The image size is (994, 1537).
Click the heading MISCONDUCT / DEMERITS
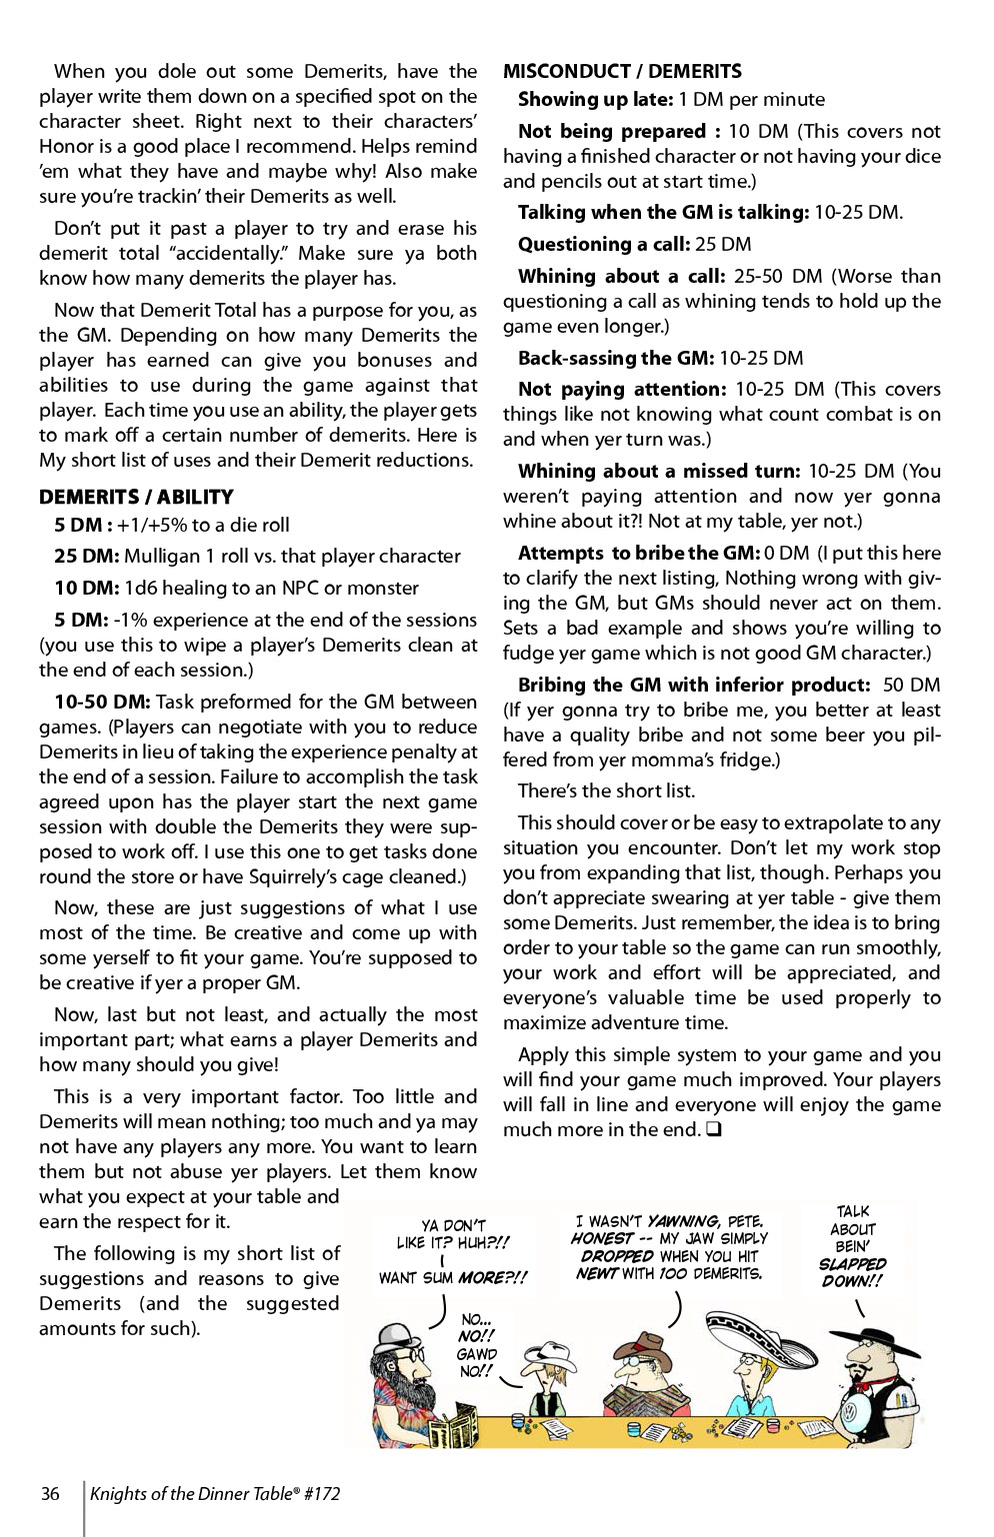[622, 71]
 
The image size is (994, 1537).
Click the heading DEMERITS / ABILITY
[136, 497]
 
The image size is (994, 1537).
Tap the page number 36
[50, 1494]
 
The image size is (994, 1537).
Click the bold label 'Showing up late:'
[595, 99]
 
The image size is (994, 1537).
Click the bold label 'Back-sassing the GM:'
[615, 358]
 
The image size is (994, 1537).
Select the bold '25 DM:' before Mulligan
[86, 556]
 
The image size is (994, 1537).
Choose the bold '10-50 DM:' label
[102, 702]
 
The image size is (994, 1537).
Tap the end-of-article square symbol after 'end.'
[714, 1129]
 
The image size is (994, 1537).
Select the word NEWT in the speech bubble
[596, 1273]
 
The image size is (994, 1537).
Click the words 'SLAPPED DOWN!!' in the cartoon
[852, 1272]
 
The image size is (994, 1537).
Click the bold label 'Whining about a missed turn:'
[659, 471]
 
